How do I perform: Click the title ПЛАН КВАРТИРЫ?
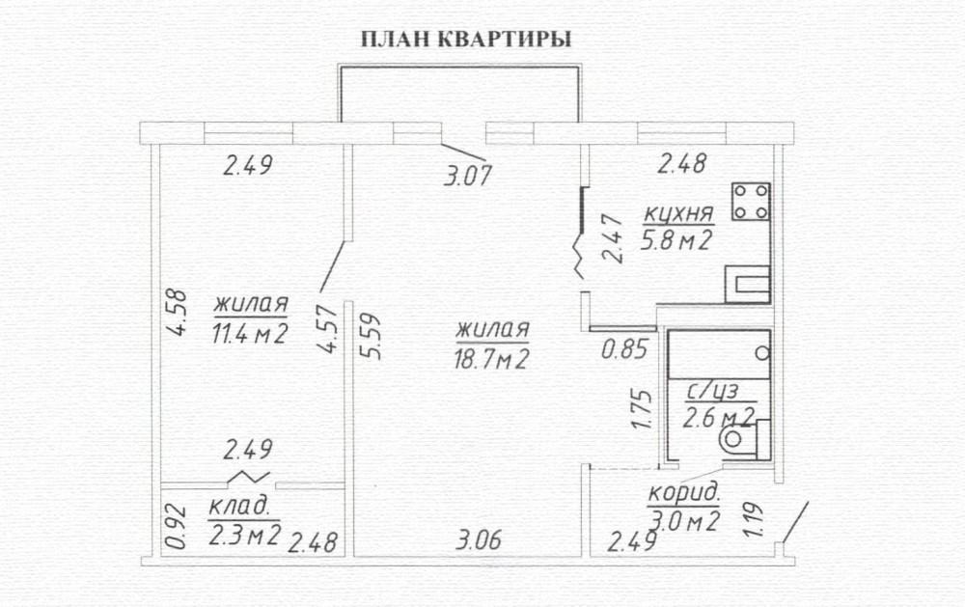tap(466, 40)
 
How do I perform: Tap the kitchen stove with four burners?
tap(751, 202)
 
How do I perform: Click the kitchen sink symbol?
tap(748, 285)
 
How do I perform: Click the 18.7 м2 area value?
tap(491, 359)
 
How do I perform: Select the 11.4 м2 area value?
tap(250, 334)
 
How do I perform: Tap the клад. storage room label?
tap(239, 506)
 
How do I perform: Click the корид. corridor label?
tap(683, 493)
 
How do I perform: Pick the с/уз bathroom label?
tap(712, 390)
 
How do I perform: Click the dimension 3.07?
tap(468, 176)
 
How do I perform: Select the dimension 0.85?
tap(624, 349)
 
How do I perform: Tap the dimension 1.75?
tap(641, 409)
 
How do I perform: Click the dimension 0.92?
tap(176, 526)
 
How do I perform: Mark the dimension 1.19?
tap(754, 520)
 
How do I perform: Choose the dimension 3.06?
tap(479, 540)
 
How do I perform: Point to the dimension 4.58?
tap(176, 313)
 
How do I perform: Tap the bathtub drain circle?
tap(762, 353)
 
